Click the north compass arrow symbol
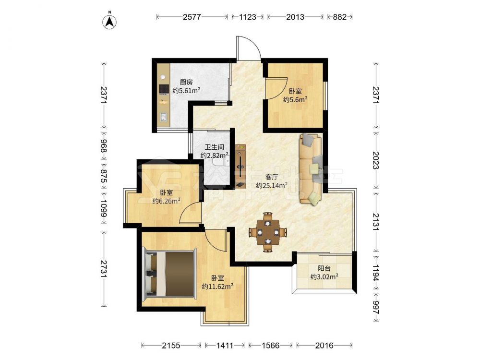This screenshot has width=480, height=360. tap(109, 21)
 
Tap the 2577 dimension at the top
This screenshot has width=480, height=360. tap(192, 17)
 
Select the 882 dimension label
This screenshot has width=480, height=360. tap(339, 17)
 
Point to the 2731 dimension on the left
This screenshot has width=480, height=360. tap(104, 269)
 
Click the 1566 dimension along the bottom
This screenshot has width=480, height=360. tap(271, 346)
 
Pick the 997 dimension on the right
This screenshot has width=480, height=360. tap(376, 307)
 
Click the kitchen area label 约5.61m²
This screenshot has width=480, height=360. tap(186, 90)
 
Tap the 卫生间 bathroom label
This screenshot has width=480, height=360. tap(214, 147)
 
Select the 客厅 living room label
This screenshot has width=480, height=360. tap(272, 177)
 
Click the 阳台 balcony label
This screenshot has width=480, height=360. tap(324, 268)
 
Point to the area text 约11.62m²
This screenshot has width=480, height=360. tap(217, 287)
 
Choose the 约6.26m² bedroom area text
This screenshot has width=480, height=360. tap(166, 201)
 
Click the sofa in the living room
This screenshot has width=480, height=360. tap(311, 168)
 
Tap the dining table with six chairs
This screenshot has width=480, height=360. tap(268, 232)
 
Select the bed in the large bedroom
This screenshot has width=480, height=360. tap(169, 274)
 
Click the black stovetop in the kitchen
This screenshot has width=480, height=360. tap(164, 89)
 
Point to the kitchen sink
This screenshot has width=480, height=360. tap(164, 117)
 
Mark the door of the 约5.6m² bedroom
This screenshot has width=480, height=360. tap(276, 88)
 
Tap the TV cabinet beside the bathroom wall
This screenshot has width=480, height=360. tap(240, 166)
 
